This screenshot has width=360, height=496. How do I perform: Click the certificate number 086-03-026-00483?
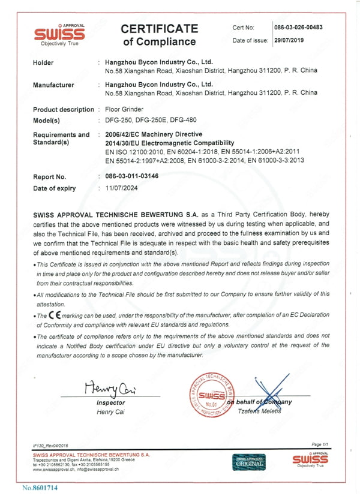298,28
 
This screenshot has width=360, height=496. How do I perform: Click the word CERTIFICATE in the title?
159,29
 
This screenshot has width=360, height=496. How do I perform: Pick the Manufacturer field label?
53,85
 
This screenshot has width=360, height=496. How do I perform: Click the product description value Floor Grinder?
124,109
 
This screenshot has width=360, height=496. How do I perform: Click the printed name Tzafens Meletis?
265,411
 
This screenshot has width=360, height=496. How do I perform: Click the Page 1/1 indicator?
317,444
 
